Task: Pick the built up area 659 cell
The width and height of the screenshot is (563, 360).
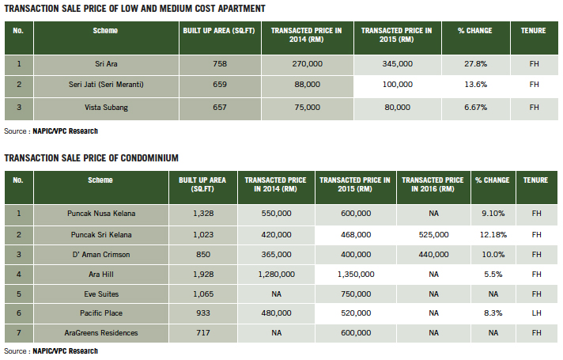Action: pos(213,84)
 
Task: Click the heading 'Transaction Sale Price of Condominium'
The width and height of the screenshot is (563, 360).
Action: pos(91,157)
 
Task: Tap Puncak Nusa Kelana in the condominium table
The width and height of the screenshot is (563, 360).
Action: pos(100,214)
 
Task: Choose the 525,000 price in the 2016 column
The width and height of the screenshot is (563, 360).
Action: pos(433,235)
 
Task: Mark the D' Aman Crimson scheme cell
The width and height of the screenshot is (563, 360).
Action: pos(100,255)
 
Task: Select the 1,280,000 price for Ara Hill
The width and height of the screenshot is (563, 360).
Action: pos(276,274)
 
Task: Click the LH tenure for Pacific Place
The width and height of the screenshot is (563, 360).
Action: pos(536,313)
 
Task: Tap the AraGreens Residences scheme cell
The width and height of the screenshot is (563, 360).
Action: pos(100,333)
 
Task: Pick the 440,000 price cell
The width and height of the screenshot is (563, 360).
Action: pos(433,255)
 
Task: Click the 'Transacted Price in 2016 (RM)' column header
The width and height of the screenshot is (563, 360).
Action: pos(433,185)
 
